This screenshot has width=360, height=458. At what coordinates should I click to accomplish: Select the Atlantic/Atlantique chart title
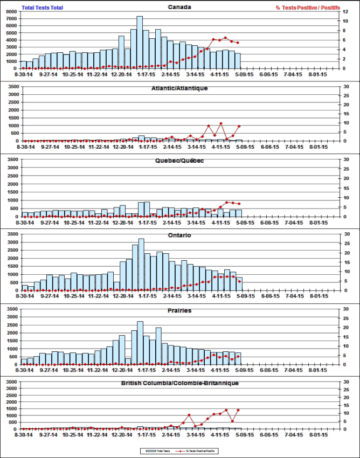179,88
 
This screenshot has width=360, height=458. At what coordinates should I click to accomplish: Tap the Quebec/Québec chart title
179,161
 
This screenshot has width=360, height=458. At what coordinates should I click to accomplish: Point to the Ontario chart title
179,235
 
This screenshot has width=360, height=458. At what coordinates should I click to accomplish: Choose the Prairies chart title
179,310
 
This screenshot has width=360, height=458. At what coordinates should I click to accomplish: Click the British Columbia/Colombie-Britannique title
179,383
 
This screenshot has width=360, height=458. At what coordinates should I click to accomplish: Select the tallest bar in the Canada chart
140,43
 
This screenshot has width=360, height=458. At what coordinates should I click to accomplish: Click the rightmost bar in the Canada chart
238,61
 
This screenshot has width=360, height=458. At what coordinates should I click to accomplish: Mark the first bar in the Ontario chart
25,288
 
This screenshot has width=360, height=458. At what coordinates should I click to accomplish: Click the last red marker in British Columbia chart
238,410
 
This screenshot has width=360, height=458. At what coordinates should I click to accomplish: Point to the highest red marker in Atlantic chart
220,124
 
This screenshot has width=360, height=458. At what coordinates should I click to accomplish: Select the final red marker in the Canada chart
238,43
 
